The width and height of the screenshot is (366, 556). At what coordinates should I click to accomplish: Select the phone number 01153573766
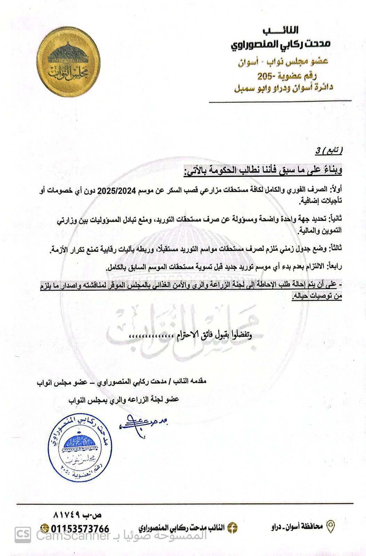pyautogui.click(x=80, y=529)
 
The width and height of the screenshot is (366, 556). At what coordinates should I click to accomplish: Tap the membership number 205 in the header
pyautogui.click(x=265, y=76)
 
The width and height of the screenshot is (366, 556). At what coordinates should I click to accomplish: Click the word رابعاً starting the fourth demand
pyautogui.click(x=334, y=267)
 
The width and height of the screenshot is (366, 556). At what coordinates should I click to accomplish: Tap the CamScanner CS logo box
pyautogui.click(x=22, y=535)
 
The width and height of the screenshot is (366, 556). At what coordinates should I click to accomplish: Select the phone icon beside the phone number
pyautogui.click(x=45, y=529)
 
